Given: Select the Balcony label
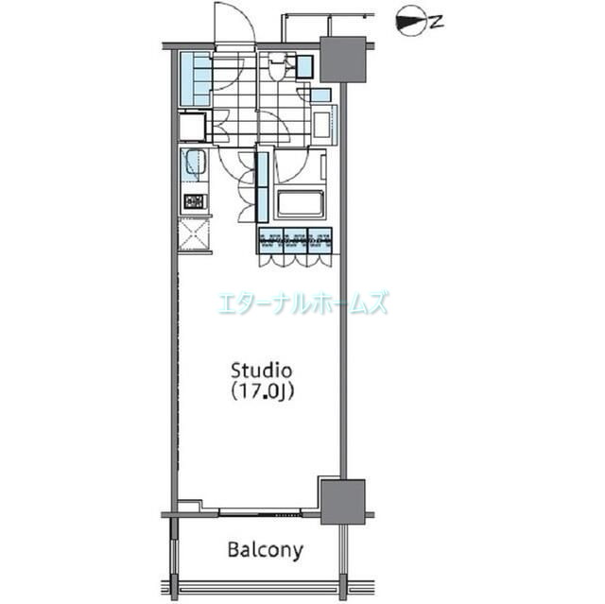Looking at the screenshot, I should pos(265,549).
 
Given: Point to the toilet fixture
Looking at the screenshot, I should pos(277,68).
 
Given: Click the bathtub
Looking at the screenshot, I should pos(300,202).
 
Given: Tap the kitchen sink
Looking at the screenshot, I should pos(194,165).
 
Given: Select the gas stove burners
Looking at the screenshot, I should pos(194,200).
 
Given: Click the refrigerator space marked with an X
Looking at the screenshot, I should pos(194,234).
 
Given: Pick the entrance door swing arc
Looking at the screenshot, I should pos(233,24).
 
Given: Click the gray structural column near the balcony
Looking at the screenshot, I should pos(341,501).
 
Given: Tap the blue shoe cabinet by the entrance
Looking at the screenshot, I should pos(195,79).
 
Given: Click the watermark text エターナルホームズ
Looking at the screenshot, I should pos(302,302).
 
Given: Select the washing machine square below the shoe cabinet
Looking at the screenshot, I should pos(195,127).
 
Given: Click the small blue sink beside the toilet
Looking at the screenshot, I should pos(304,66).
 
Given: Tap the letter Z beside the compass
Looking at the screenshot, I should pos(436,23).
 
